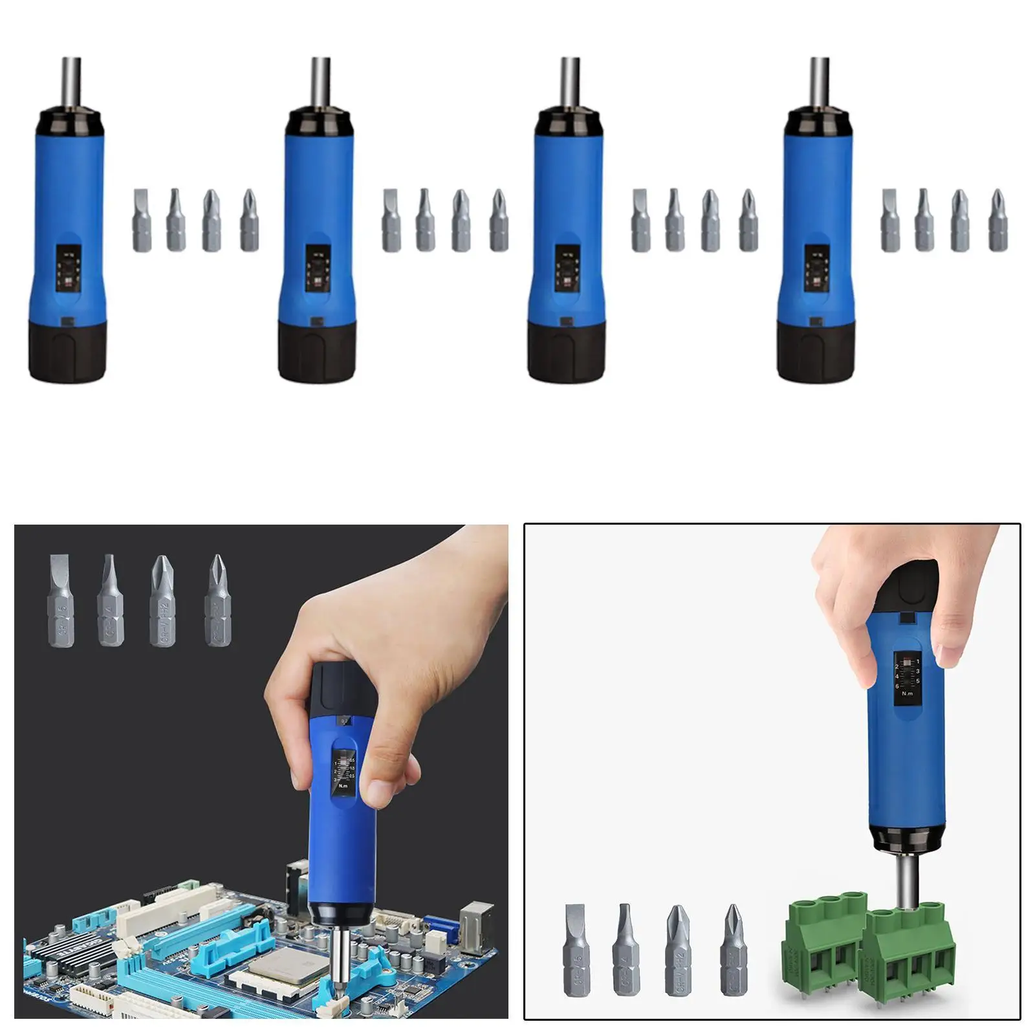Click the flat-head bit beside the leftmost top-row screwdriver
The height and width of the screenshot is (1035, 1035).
pos(142,220)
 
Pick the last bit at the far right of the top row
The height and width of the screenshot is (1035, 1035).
pos(998,220)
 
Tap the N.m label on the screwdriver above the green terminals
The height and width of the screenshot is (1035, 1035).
pos(907,693)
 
